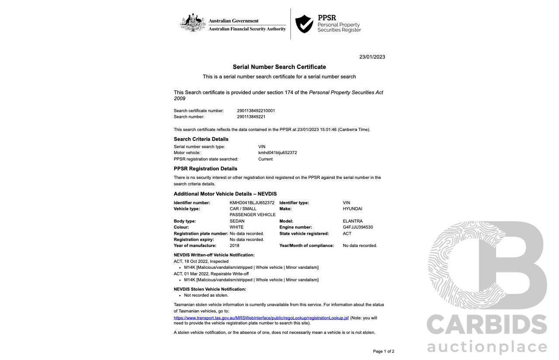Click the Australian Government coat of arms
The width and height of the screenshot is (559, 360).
tap(193, 23)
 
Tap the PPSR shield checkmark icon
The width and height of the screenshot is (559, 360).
tap(304, 24)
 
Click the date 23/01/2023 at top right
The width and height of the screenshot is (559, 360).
tap(372, 57)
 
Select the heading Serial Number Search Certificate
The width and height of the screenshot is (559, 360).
tap(279, 67)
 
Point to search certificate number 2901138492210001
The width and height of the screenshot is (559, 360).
tap(256, 111)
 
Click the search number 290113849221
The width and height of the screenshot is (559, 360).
tap(251, 117)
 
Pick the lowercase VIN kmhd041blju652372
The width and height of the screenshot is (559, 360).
tap(278, 153)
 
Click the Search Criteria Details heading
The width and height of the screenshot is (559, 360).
tap(201, 139)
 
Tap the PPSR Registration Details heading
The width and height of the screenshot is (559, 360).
tap(205, 168)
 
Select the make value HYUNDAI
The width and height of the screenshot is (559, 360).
tap(352, 209)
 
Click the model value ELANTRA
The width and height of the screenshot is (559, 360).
tap(353, 221)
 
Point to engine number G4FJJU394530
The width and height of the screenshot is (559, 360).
tap(358, 227)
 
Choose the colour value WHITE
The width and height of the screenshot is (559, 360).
tap(237, 227)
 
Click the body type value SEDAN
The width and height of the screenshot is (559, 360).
tap(237, 221)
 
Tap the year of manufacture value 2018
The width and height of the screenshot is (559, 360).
tap(235, 246)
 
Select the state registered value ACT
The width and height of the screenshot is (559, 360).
tap(347, 233)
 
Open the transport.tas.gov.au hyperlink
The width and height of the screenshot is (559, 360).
tap(261, 318)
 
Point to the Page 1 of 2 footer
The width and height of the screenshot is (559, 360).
tap(383, 351)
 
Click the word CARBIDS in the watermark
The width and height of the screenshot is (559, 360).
tap(487, 325)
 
